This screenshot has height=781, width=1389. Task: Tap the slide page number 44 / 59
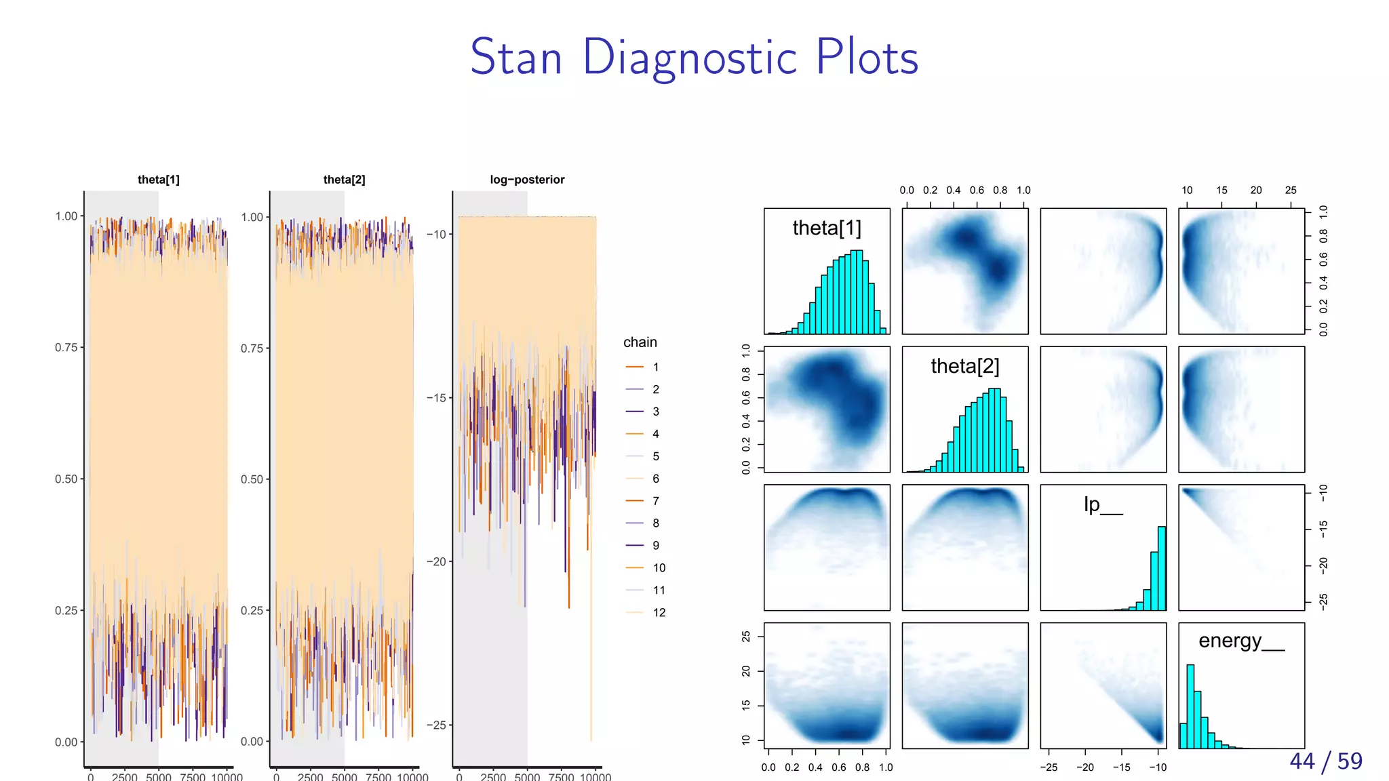click(1325, 761)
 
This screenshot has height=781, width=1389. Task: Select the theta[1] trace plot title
click(158, 180)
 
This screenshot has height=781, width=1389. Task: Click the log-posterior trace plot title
click(527, 180)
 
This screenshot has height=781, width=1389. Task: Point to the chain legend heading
click(640, 342)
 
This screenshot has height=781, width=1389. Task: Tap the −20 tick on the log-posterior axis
click(436, 561)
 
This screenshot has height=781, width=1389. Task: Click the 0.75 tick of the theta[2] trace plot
click(252, 348)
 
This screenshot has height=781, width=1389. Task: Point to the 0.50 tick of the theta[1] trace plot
click(66, 479)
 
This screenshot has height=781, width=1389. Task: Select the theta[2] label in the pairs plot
click(964, 366)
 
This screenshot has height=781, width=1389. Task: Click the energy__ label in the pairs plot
click(1240, 641)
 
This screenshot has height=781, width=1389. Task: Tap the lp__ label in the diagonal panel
click(1102, 504)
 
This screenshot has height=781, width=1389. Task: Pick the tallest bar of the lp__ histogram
click(1162, 568)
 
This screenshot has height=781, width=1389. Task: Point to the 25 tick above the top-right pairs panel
click(1290, 191)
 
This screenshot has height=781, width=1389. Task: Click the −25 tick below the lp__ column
click(1049, 767)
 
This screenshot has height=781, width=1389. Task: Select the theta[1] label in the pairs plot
click(826, 228)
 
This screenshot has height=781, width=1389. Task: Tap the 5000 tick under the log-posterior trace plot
click(527, 776)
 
